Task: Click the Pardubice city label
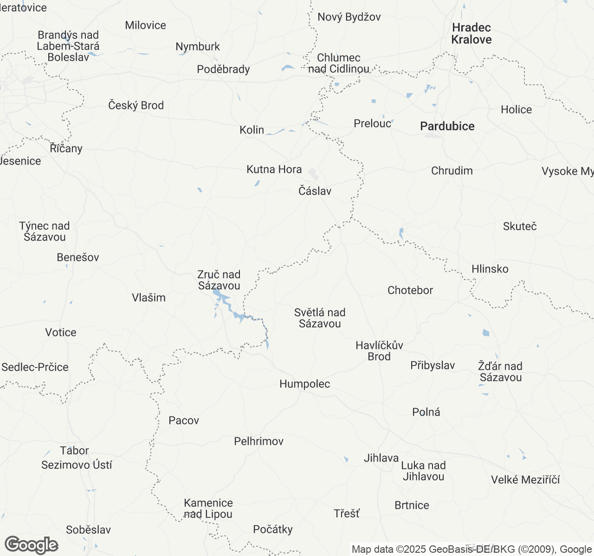[447, 126]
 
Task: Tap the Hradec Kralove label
[471, 33]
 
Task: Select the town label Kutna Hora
[274, 170]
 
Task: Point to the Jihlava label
[381, 458]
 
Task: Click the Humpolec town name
[304, 384]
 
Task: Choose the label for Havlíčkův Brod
[379, 351]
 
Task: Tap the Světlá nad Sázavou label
[320, 318]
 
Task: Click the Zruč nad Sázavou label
[219, 280]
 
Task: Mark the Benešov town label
[78, 257]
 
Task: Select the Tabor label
[74, 450]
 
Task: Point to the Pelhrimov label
[258, 441]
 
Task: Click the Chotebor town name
[410, 291]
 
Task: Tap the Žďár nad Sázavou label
[500, 372]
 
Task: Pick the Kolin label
[252, 130]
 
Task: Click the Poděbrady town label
[223, 69]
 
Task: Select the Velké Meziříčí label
[525, 480]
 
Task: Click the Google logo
[31, 545]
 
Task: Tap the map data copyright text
[471, 550]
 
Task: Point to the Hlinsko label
[490, 269]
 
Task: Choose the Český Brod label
[136, 106]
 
